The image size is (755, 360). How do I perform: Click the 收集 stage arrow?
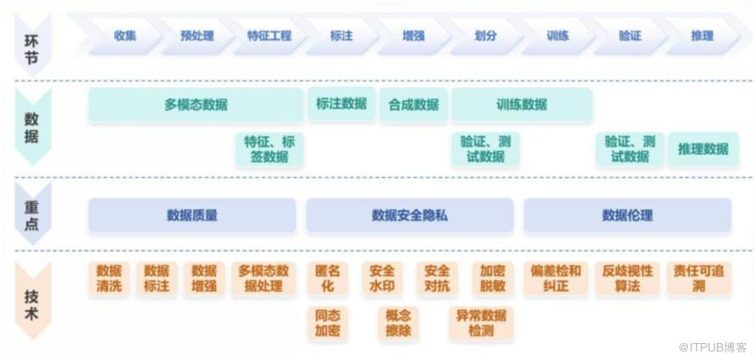point(125,36)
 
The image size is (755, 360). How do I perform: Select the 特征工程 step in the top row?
point(269,36)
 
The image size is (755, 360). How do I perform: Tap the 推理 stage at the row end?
point(701,36)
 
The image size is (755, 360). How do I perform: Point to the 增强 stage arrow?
point(414,36)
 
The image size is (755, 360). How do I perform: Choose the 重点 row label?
point(31,214)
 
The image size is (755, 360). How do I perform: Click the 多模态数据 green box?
point(195,105)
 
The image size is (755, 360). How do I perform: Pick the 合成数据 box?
point(414,105)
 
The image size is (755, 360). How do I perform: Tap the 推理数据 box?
point(702,149)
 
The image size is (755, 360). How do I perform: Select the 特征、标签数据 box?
point(268,149)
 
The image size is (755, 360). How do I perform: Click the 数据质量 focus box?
point(192,216)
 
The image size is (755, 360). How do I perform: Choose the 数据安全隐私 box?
point(409,216)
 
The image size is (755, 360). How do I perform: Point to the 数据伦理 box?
point(627,216)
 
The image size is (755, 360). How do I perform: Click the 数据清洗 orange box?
point(109,278)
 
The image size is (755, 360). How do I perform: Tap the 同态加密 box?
point(327,323)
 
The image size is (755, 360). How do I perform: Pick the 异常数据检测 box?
point(481,323)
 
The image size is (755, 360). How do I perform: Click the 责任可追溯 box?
point(698,278)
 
